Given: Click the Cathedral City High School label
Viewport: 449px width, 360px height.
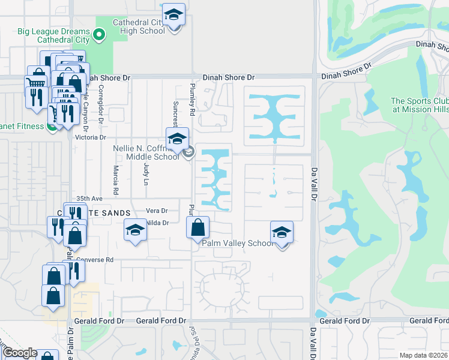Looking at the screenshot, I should click(138, 26).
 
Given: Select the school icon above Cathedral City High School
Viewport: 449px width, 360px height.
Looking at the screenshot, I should click(173, 14).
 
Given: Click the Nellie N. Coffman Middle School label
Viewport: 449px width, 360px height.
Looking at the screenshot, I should click(146, 152).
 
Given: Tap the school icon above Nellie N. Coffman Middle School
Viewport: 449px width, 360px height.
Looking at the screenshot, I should click(177, 139).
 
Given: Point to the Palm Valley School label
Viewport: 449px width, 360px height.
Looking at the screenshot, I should click(238, 243).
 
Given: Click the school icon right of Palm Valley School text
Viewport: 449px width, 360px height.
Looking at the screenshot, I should click(282, 232).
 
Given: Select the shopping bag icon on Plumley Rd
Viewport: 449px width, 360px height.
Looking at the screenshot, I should click(197, 228).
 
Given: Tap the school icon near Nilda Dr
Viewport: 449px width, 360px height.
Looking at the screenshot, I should click(135, 230).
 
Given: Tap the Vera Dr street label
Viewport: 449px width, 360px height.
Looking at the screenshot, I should click(157, 211).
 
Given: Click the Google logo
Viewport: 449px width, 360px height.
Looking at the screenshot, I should click(20, 353).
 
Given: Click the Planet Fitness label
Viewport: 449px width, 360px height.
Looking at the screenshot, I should click(22, 127).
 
